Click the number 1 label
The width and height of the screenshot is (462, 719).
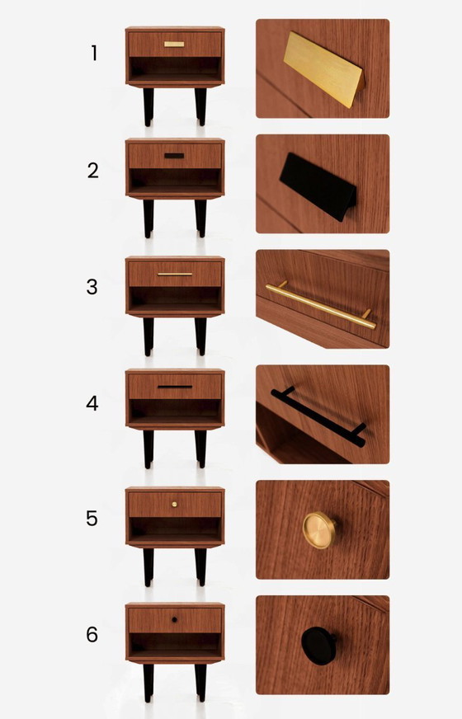coord(94,54)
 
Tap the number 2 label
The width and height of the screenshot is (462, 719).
coord(93,171)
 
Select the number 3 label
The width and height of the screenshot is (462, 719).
coord(93,287)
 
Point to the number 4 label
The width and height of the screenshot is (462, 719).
coord(93,403)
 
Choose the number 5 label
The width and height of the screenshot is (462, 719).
coord(93,519)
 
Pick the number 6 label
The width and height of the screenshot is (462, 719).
coord(93,635)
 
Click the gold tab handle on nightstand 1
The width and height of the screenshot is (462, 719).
coord(174,44)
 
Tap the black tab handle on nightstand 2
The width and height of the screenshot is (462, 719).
coord(174,155)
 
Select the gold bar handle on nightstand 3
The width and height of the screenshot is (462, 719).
coord(175,274)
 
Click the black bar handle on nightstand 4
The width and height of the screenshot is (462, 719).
coord(175,386)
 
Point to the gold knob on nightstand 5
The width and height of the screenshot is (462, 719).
coord(175,503)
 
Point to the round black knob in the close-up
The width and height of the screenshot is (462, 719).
coord(317,644)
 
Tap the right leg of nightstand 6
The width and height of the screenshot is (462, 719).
coord(200,683)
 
